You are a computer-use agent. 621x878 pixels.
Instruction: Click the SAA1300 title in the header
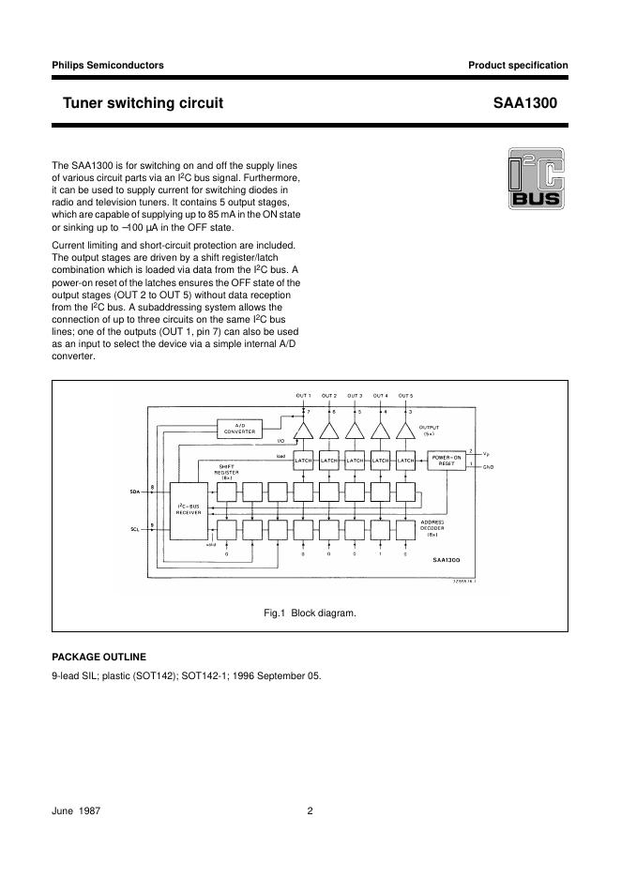point(524,103)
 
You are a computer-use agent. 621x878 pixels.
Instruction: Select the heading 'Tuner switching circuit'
point(143,103)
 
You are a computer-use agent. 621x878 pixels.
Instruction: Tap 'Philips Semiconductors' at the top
point(108,66)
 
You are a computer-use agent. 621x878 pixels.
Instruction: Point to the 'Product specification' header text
point(518,66)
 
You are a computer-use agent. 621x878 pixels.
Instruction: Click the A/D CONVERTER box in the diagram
point(239,429)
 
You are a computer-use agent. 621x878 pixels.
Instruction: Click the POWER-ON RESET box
point(446,461)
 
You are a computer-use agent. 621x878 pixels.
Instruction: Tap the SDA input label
point(133,491)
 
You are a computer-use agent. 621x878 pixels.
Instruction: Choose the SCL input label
point(133,530)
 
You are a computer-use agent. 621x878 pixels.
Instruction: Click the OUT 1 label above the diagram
point(303,396)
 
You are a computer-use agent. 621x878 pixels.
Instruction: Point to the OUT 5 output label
point(405,396)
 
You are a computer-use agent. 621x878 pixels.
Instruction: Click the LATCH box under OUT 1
point(303,461)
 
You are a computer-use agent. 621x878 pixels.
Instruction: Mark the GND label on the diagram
point(488,466)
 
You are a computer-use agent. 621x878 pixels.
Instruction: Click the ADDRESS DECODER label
point(432,523)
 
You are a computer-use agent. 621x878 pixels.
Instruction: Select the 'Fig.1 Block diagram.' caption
point(310,613)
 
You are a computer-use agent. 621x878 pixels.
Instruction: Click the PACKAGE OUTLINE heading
point(98,657)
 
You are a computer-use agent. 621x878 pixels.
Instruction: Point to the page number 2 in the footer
point(310,812)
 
